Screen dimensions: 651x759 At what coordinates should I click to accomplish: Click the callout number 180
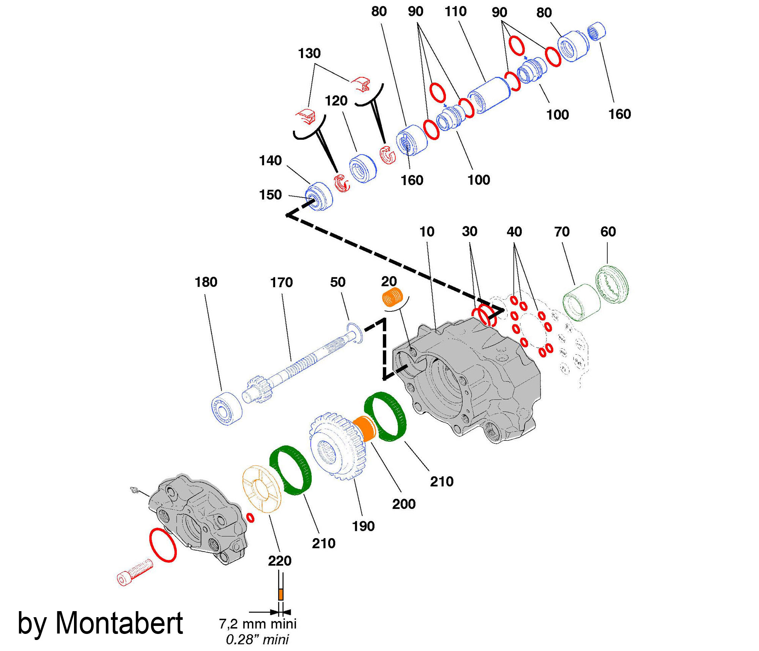coord(206,282)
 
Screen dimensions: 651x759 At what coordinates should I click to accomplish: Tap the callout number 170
coord(281,283)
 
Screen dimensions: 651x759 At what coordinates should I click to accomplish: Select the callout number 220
coord(280,561)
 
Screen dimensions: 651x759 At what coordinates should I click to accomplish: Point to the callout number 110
coord(455,12)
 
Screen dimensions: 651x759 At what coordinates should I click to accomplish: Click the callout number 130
coord(309,53)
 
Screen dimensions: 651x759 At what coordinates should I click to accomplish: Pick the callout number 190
coord(363,526)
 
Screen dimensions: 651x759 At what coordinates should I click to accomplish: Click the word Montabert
coord(119,623)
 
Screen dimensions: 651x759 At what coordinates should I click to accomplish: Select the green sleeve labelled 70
coord(581,302)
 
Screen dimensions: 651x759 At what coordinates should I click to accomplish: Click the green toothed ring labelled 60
coord(612,284)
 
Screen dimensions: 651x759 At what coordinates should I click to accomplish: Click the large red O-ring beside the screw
coord(163,545)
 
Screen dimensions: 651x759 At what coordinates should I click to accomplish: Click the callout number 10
coord(427,232)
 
